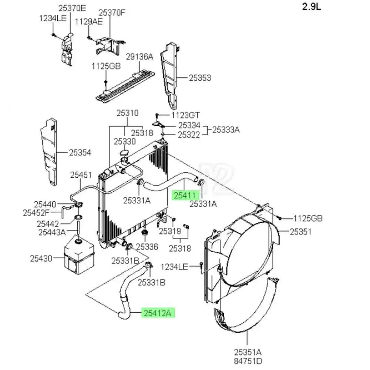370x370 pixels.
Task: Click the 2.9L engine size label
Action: (x=312, y=7)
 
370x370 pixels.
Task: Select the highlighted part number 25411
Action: (x=185, y=196)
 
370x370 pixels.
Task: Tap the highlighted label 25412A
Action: (x=157, y=313)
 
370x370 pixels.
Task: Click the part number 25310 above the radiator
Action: (x=127, y=113)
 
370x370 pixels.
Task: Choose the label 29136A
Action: (x=139, y=57)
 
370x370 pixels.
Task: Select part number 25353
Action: (x=200, y=78)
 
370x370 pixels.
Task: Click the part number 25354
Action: (x=80, y=152)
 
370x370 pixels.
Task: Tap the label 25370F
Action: (x=112, y=13)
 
